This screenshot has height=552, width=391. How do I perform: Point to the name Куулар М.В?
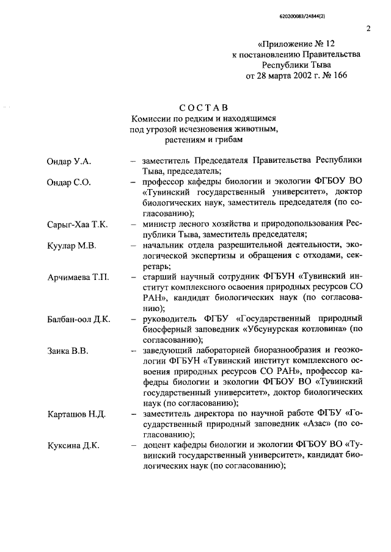click(71, 246)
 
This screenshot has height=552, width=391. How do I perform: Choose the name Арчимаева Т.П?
click(78, 278)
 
